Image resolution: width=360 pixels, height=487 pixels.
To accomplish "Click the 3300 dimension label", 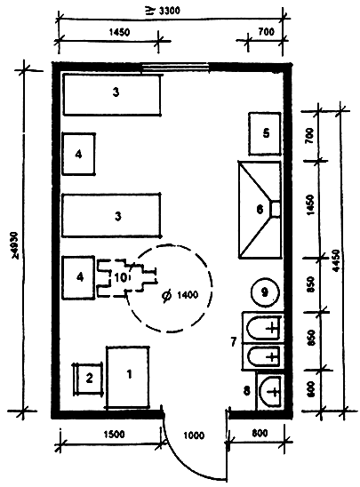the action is tap(162, 12).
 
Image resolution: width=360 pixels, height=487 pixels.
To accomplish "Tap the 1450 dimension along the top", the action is tap(119, 32).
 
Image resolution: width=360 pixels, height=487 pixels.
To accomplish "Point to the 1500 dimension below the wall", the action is tap(114, 434).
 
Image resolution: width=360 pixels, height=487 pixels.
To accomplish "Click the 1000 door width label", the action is tap(194, 435).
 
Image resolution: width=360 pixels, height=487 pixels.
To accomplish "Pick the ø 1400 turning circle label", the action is tap(180, 295).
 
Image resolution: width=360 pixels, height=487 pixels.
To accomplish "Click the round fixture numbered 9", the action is tap(265, 292).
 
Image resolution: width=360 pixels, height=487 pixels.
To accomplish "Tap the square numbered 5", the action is tap(265, 134).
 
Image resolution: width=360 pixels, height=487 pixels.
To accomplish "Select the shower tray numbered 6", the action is tap(260, 210).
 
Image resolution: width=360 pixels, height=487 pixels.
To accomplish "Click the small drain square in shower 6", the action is tap(276, 209).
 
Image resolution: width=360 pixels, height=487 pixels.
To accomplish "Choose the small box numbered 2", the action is tap(89, 379).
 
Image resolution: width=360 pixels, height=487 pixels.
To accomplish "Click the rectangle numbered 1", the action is tap(128, 377).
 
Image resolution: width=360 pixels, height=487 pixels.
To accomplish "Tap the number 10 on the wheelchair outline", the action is tap(120, 277).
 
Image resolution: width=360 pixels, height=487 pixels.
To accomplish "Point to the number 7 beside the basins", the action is tap(234, 342).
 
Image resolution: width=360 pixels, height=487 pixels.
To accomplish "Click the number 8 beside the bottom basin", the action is tap(246, 390).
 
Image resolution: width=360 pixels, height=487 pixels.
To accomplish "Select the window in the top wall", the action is tap(174, 66).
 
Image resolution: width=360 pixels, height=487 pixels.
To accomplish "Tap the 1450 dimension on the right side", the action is tap(310, 204).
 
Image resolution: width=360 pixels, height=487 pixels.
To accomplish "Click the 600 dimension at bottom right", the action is tap(310, 389).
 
